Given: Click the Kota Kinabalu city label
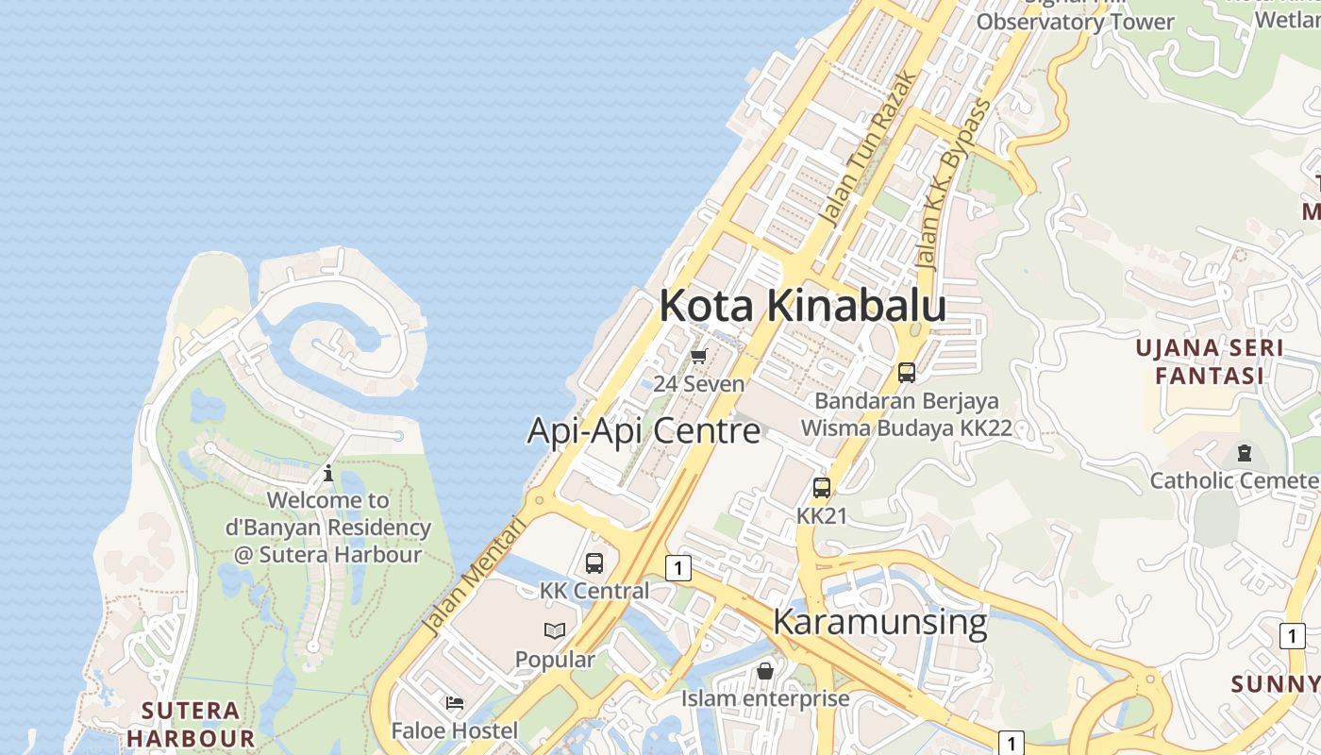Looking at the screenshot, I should click(x=802, y=306).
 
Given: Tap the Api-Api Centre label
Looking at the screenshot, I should click(x=644, y=430).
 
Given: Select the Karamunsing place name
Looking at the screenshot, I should click(x=879, y=622).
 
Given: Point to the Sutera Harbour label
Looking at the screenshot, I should click(x=191, y=724).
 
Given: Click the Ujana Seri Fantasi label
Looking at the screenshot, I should click(x=1209, y=361).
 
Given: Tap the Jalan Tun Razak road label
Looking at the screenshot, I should click(x=868, y=148).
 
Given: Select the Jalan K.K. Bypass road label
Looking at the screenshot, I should click(x=954, y=183).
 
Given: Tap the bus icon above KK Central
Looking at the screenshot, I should click(x=594, y=563).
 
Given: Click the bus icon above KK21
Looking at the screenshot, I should click(x=822, y=488).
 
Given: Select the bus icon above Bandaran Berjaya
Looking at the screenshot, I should click(x=907, y=373).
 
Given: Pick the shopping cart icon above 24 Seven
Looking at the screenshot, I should click(x=698, y=356).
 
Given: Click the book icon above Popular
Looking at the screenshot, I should click(x=555, y=630).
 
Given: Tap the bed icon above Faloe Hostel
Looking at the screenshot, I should click(x=455, y=703).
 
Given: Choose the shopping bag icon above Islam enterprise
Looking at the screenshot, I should click(x=765, y=671).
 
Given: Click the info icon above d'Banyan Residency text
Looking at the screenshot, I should click(x=328, y=473).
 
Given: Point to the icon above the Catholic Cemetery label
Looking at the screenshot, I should click(x=1244, y=453).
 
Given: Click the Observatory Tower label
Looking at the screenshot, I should click(x=1075, y=21).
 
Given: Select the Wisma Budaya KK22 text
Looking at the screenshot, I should click(x=906, y=428).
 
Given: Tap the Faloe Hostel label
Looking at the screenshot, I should click(x=455, y=730).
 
